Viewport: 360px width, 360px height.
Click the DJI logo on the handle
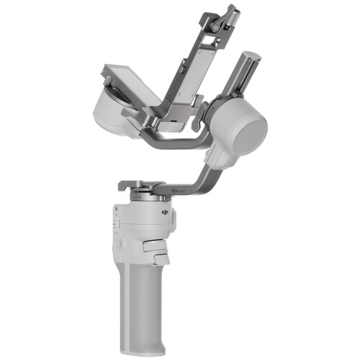coord(166,214)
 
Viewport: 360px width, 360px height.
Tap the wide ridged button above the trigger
coord(156,245)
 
